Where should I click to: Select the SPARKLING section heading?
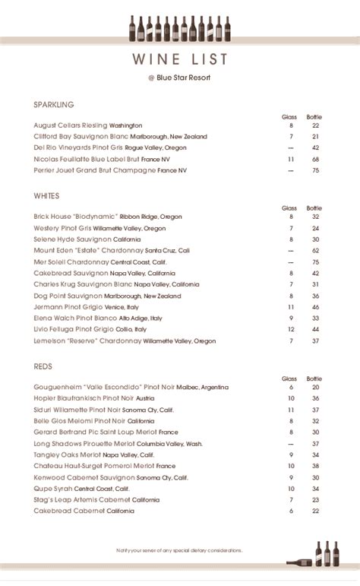54,104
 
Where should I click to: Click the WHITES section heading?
47,195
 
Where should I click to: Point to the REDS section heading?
43,366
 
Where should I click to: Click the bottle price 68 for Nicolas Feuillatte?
314,160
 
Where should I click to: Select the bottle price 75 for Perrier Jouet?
314,171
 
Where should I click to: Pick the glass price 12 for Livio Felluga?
290,330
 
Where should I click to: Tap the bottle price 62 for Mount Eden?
314,250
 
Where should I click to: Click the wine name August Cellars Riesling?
71,125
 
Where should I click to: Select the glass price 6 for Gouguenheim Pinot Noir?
290,387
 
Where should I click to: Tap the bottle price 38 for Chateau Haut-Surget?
314,466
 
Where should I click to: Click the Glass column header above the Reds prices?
289,378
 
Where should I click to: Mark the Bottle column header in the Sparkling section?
314,116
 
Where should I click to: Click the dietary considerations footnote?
180,548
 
